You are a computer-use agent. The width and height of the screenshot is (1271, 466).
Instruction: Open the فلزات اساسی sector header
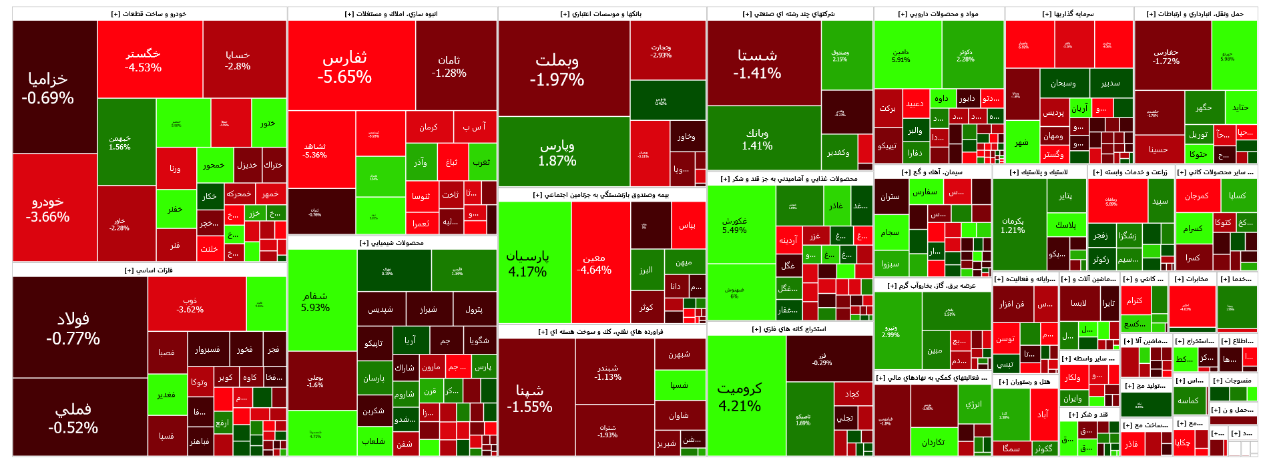pos(150,270)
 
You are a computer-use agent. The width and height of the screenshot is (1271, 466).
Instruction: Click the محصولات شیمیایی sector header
pos(392,243)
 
